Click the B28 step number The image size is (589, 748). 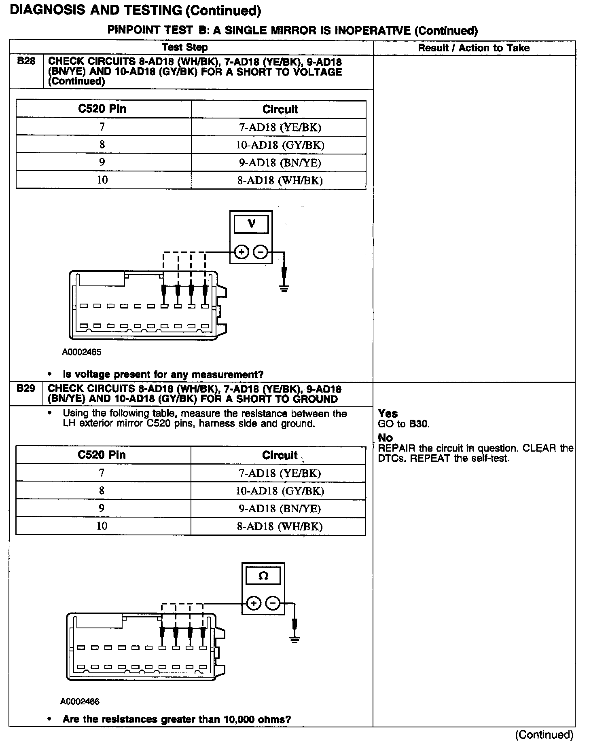coord(26,61)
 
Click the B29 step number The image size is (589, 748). coord(26,389)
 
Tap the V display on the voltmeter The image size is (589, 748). coord(251,224)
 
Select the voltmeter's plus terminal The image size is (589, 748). coord(242,252)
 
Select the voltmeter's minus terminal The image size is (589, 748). coord(261,252)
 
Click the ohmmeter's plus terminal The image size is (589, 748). coord(254,604)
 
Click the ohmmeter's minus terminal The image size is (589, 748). coord(273,604)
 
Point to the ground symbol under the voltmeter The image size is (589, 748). coord(284,288)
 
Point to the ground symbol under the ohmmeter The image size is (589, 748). coord(295,640)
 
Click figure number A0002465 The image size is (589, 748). coord(81,352)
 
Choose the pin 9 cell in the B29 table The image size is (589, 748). coord(102,508)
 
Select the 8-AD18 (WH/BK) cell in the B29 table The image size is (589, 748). coord(280,526)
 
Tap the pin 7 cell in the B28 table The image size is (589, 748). coord(102,127)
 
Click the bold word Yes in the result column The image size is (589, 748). coord(388,414)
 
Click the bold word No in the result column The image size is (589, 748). coord(385,437)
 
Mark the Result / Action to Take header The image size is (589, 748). coord(473,48)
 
